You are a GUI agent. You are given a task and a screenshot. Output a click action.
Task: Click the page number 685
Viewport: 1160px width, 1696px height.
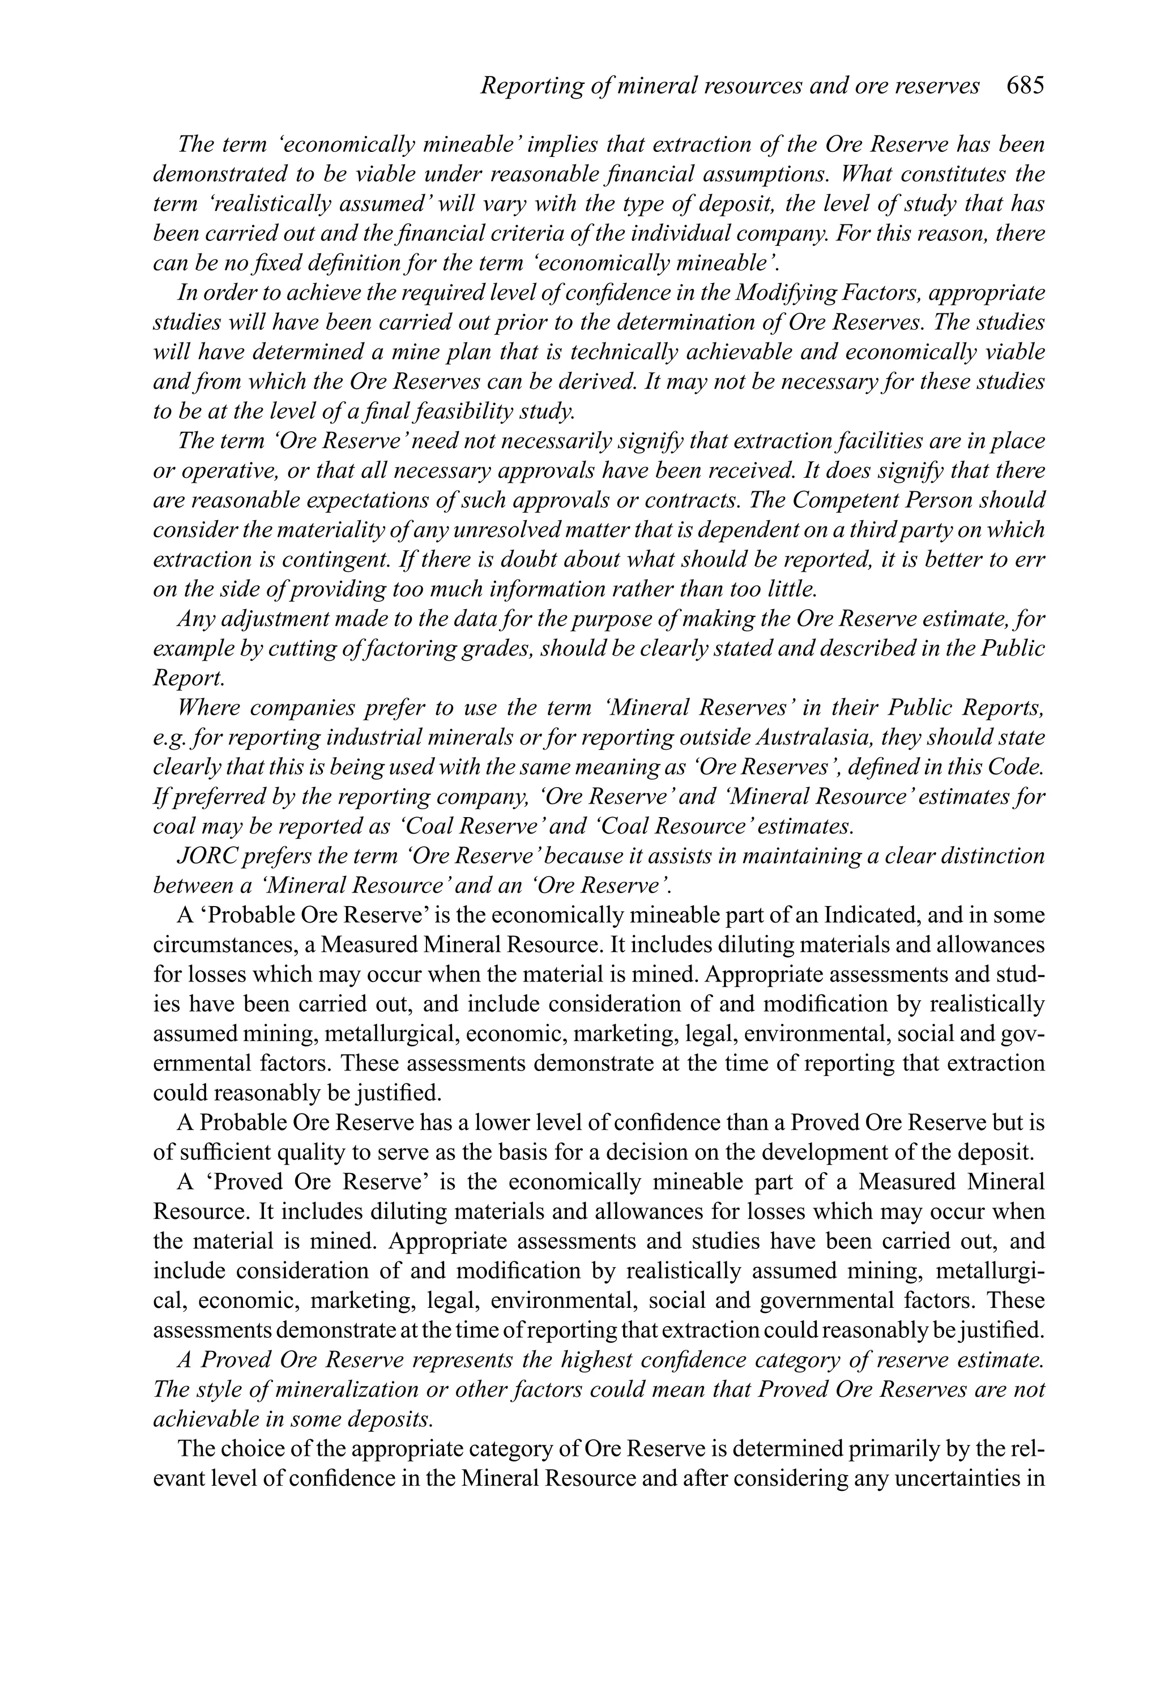(x=1025, y=86)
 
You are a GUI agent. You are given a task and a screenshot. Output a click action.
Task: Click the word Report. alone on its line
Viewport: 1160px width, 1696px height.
(x=188, y=678)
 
